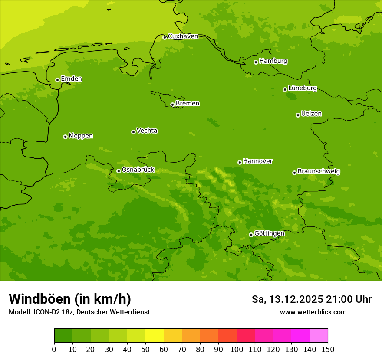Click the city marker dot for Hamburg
point(256,62)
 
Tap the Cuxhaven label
point(183,36)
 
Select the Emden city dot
point(57,80)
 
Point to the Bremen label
point(188,104)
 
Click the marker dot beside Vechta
point(133,132)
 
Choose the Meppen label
point(81,136)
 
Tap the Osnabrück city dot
point(119,171)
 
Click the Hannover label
point(258,161)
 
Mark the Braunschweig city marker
point(294,173)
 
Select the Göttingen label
point(269,233)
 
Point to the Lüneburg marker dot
point(285,89)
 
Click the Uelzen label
point(311,114)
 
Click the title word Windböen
point(40,299)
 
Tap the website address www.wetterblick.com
point(313,312)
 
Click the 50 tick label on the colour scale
point(145,349)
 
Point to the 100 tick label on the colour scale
point(236,349)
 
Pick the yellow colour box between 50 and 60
point(155,336)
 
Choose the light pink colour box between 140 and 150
point(319,336)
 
